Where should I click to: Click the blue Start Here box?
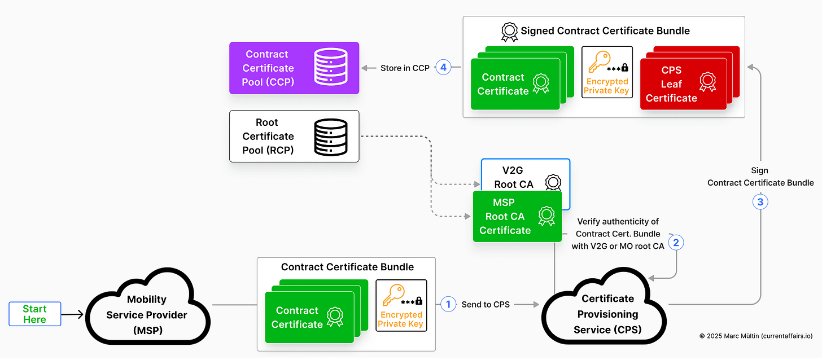coord(34,314)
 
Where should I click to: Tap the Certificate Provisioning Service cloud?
coord(607,314)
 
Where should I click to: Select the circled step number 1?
coord(448,304)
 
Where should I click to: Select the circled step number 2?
coord(676,242)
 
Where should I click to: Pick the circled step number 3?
coord(760,201)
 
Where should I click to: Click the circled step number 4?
coord(443,68)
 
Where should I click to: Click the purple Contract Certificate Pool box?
coord(294,68)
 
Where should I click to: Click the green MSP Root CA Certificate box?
coord(517,217)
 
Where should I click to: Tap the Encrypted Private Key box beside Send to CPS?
coord(401,305)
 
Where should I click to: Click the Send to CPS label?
coord(486,304)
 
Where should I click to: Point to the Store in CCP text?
coord(404,68)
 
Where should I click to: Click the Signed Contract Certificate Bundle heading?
coord(605,30)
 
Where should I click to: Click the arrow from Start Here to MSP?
coord(72,314)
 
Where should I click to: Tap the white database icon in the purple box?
coord(330,68)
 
